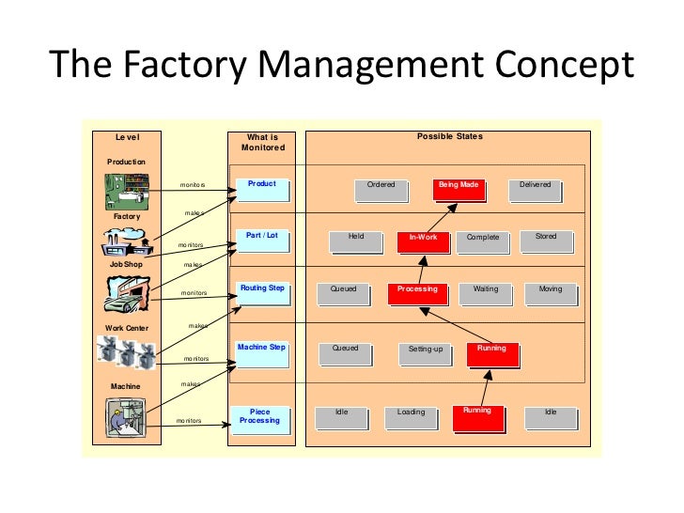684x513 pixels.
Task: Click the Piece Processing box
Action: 260,416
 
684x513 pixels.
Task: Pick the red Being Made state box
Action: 459,190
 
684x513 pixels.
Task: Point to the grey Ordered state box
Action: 381,190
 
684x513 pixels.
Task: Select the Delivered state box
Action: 535,190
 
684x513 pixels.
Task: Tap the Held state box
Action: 356,241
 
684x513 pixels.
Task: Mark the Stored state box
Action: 546,241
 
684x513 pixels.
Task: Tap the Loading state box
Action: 411,416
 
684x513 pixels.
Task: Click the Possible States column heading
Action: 449,137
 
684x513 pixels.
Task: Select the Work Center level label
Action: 126,328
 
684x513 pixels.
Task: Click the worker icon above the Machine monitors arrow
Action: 125,415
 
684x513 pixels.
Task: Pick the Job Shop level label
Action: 125,264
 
